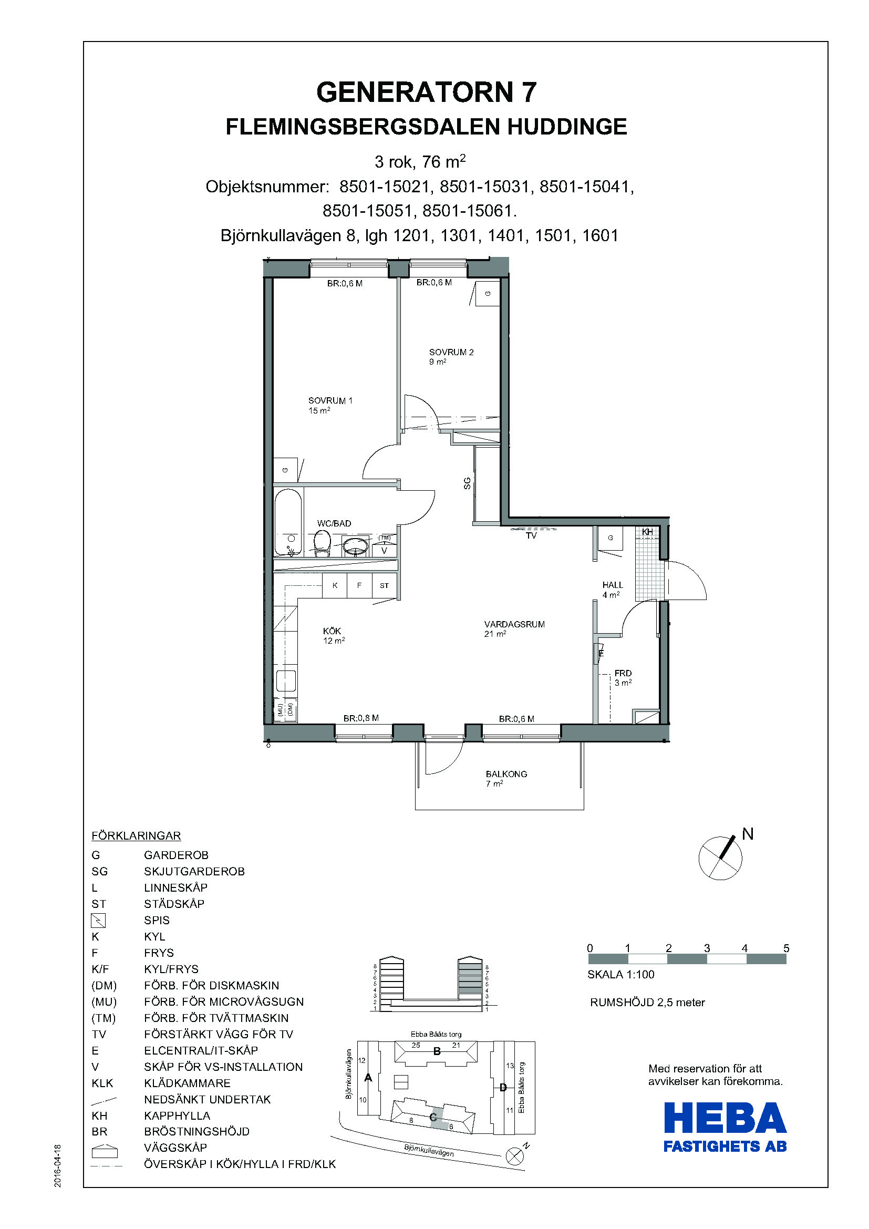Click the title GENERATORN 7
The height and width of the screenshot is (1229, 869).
427,92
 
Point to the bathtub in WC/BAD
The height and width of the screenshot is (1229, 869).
288,522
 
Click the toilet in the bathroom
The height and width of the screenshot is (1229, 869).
322,542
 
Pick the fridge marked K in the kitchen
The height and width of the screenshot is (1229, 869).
335,585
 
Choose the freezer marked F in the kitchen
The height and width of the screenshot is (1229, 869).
359,585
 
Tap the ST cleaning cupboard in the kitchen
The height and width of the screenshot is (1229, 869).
384,585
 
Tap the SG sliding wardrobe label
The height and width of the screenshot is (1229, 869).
467,483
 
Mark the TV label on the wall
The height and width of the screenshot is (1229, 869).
531,535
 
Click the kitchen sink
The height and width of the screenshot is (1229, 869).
286,681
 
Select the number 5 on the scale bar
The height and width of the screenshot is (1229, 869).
786,948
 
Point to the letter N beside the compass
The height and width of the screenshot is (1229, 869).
748,834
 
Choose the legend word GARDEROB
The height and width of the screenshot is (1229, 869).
176,855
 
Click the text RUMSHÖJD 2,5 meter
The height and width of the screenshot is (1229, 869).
647,1003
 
